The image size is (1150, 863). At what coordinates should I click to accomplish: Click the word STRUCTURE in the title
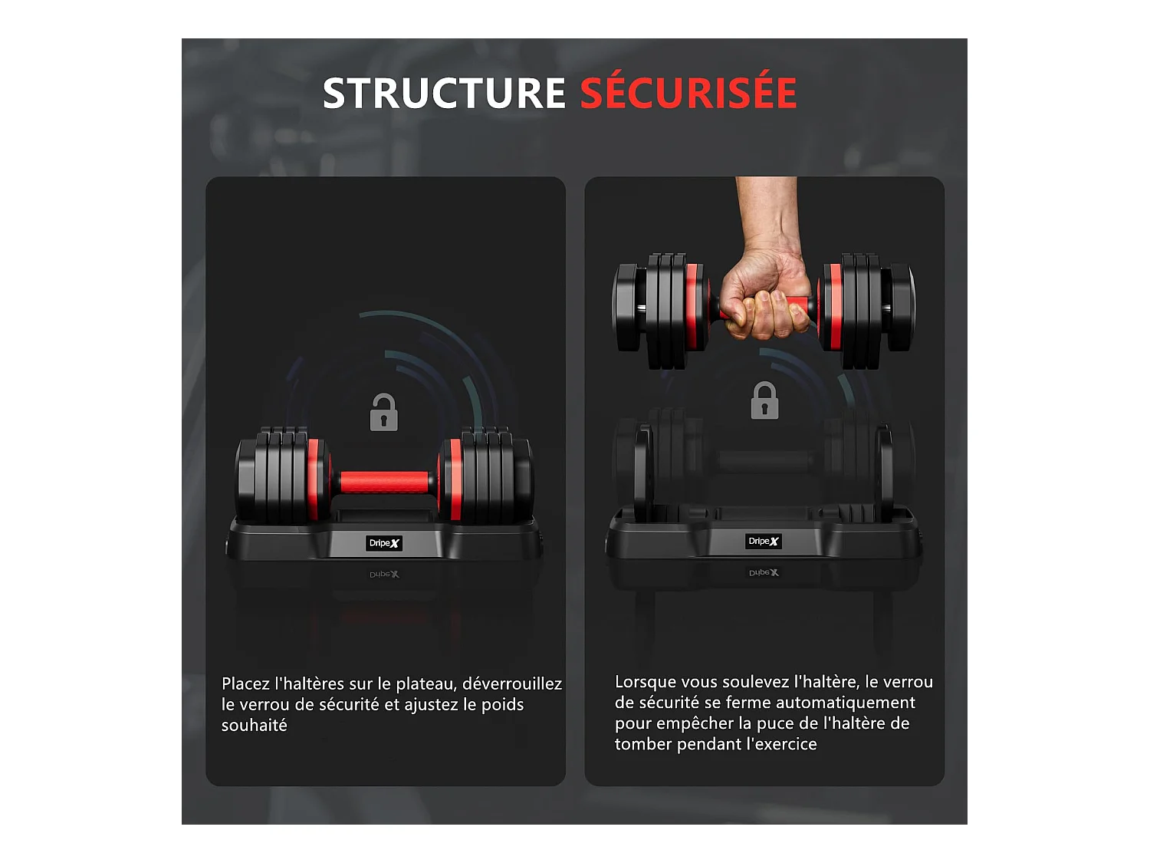click(x=443, y=94)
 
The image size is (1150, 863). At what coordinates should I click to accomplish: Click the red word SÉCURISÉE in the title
click(x=688, y=94)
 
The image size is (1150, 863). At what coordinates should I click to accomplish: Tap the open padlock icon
click(x=383, y=413)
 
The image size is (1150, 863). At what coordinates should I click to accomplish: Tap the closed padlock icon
click(x=764, y=400)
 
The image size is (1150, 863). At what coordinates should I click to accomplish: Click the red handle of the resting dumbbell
click(x=384, y=482)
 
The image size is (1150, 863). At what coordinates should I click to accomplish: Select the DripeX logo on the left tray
click(x=384, y=543)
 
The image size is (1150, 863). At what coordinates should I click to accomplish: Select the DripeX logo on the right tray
click(x=764, y=542)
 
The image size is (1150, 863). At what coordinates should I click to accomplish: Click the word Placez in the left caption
click(x=245, y=683)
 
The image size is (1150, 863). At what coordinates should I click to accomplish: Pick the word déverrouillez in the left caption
click(x=511, y=683)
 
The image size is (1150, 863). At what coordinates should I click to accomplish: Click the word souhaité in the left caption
click(x=254, y=725)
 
